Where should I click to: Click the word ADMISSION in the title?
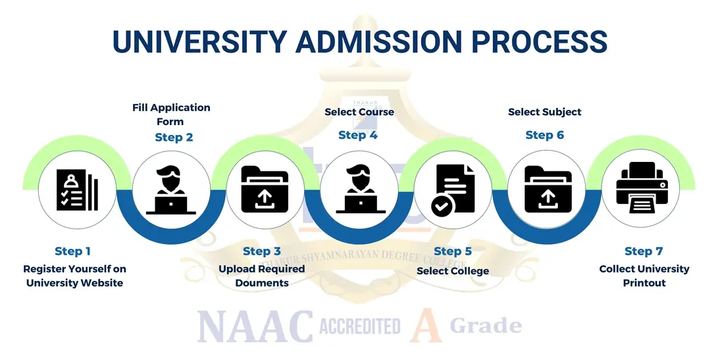[378, 41]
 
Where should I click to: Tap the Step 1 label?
[72, 251]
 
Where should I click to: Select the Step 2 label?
[174, 138]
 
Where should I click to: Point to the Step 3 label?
[262, 251]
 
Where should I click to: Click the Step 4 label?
[358, 135]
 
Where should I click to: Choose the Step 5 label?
[453, 251]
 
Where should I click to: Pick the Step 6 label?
[544, 135]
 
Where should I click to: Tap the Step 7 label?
[644, 251]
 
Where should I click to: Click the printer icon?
[642, 188]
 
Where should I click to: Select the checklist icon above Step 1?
[77, 190]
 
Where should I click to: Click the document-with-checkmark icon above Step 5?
[453, 190]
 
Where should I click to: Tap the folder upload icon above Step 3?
[265, 189]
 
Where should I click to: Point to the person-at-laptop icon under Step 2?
[171, 190]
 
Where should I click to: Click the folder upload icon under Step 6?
[548, 189]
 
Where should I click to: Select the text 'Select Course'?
[359, 112]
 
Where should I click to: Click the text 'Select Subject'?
[544, 112]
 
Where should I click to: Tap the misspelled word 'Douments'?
[262, 283]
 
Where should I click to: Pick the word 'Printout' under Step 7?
[644, 283]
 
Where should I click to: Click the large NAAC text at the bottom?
[255, 326]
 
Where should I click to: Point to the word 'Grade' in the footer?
[485, 326]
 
